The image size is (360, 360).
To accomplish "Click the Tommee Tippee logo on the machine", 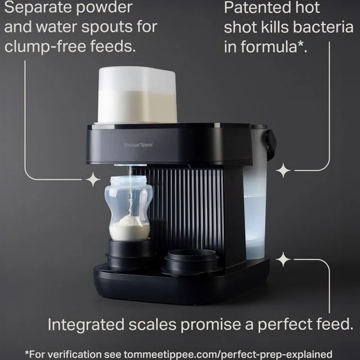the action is (x=138, y=145).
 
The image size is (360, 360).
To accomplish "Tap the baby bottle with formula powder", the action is (x=129, y=208).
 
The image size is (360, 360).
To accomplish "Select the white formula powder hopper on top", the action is (x=137, y=94).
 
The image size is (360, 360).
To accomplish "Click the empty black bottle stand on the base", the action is (x=191, y=262).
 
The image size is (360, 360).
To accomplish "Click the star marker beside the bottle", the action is (x=93, y=179).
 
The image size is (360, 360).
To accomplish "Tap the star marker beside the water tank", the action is (x=283, y=170).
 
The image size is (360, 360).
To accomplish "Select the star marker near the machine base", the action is (x=283, y=259).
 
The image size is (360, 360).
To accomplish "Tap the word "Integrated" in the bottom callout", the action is (x=86, y=325).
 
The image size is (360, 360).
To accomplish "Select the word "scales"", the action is (x=152, y=324).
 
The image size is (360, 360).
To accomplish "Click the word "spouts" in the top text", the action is (x=107, y=28).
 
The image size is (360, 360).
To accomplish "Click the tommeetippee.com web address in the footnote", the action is (x=228, y=354).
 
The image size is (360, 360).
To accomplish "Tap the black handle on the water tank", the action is (x=271, y=141).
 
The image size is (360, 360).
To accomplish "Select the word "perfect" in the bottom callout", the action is (x=285, y=325).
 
